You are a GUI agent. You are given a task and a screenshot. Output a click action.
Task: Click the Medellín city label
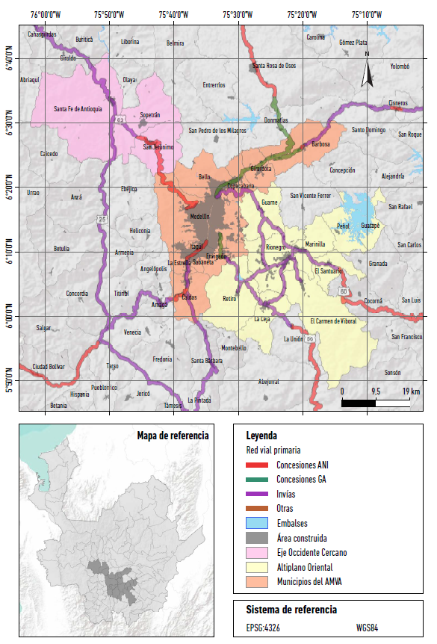[x=199, y=216]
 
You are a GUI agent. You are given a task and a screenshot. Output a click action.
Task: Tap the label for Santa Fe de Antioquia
[x=78, y=109]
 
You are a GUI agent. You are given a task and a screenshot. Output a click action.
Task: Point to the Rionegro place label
[x=276, y=247]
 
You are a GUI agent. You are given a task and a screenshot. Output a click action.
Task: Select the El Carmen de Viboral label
[x=333, y=321]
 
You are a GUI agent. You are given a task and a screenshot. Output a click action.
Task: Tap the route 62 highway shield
[x=120, y=119]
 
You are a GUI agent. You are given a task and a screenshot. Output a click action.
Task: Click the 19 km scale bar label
[x=410, y=391]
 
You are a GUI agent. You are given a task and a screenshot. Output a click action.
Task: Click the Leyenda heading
[x=261, y=435]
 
